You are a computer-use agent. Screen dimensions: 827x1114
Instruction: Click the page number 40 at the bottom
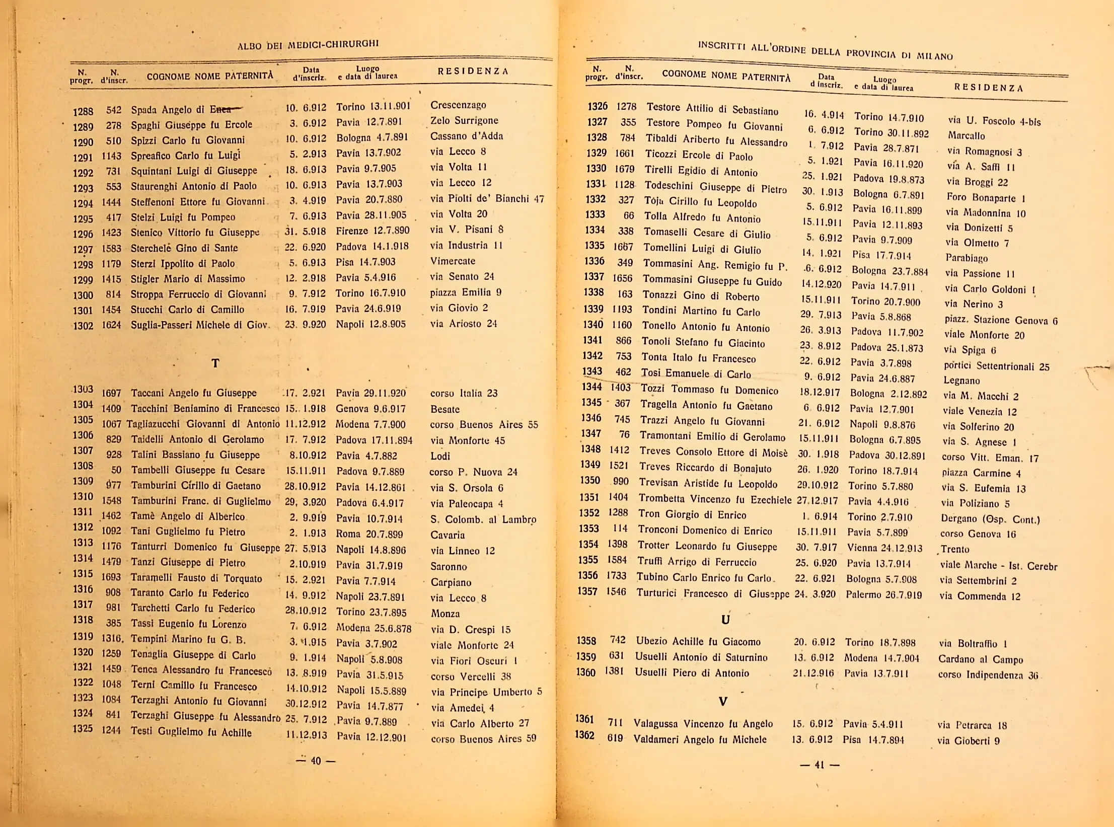pyautogui.click(x=316, y=761)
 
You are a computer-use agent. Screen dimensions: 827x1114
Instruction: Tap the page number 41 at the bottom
pyautogui.click(x=820, y=765)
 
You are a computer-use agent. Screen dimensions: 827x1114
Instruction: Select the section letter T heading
pyautogui.click(x=215, y=363)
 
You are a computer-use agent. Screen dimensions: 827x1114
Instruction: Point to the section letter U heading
pyautogui.click(x=725, y=620)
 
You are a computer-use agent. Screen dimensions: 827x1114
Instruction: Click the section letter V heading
pyautogui.click(x=723, y=701)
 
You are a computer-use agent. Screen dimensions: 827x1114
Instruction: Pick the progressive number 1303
pyautogui.click(x=83, y=389)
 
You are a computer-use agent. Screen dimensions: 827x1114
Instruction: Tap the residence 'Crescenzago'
pyautogui.click(x=458, y=105)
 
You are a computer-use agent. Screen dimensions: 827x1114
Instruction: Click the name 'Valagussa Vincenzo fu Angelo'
pyautogui.click(x=703, y=724)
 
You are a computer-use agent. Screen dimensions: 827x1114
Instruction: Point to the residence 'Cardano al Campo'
pyautogui.click(x=981, y=659)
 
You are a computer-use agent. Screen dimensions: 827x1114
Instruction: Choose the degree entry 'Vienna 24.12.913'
pyautogui.click(x=884, y=548)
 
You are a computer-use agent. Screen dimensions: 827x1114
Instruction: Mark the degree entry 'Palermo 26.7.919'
pyautogui.click(x=883, y=595)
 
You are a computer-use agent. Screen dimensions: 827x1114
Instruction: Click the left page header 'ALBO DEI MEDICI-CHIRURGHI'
pyautogui.click(x=308, y=45)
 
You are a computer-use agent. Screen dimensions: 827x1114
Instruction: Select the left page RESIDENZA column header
pyautogui.click(x=473, y=71)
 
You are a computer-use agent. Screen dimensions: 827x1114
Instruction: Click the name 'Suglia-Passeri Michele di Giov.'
pyautogui.click(x=200, y=325)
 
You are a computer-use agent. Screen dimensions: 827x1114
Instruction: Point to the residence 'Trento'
pyautogui.click(x=954, y=549)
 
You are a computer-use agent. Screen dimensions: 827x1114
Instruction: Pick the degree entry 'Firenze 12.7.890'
pyautogui.click(x=373, y=231)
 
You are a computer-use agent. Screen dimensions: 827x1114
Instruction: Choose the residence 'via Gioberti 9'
pyautogui.click(x=969, y=740)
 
